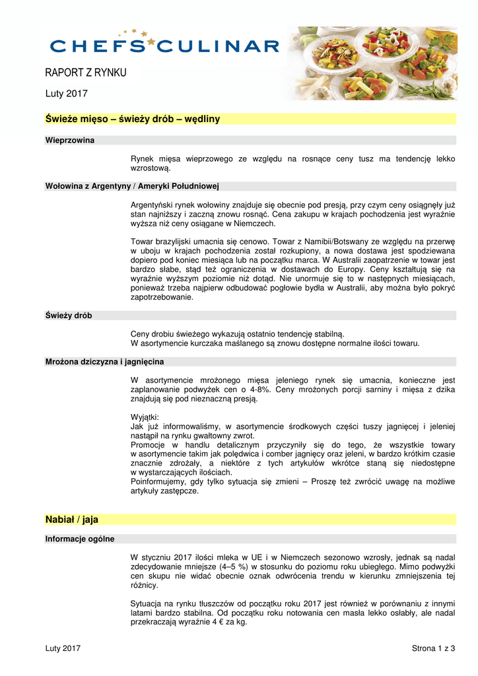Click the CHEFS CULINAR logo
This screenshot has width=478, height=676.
point(164,44)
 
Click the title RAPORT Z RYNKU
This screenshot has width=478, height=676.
point(85,73)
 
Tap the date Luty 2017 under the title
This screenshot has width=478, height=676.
point(66,94)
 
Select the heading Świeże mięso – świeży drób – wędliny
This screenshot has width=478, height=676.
point(132,119)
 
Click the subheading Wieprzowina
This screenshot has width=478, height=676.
point(69,140)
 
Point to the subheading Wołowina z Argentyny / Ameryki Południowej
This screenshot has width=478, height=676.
point(132,186)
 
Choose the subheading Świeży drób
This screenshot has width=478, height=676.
point(69,316)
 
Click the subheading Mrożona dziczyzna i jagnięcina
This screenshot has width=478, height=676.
point(104,362)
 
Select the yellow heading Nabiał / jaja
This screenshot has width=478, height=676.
point(71,520)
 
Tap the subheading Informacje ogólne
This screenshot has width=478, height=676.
point(79,539)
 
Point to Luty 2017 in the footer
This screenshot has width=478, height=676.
point(63,649)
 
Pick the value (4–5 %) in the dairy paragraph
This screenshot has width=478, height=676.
point(235,566)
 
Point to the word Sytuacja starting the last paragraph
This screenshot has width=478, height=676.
point(147,603)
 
